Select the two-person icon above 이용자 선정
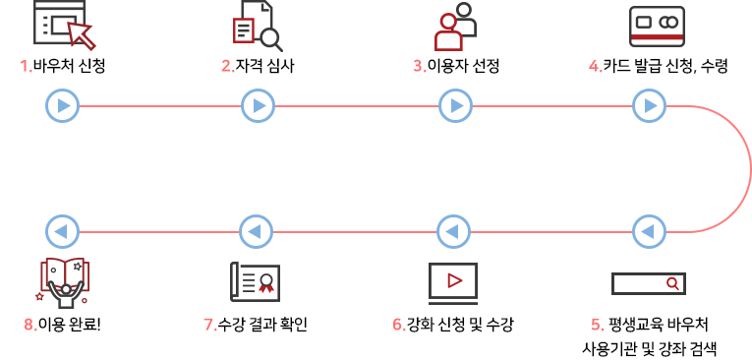point(454,25)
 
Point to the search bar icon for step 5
point(648,283)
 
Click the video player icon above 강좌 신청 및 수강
point(453,281)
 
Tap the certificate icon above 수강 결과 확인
point(254,281)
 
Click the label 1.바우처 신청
point(63,67)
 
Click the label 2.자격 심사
point(258,67)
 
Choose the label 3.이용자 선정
point(456,67)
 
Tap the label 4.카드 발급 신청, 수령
point(658,67)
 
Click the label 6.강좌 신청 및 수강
point(452,324)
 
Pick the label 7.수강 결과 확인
point(256,324)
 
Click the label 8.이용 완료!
point(62,324)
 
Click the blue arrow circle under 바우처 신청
point(62,105)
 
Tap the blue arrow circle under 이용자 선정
point(453,105)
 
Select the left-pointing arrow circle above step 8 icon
point(62,232)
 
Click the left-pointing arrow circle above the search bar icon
point(648,232)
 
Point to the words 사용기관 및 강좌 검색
point(650,347)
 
